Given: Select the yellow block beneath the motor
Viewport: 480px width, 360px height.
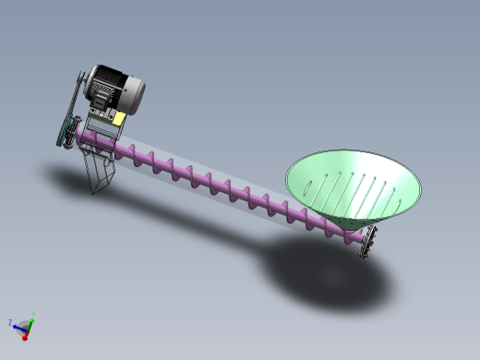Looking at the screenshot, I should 120,118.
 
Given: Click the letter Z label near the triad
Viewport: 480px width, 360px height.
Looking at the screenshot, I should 8,323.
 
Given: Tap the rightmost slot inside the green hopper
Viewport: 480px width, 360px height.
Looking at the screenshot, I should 400,189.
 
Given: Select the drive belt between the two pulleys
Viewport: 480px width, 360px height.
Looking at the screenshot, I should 70,111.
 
